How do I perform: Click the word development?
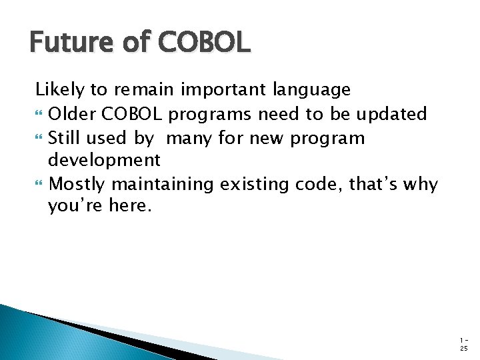coord(104,161)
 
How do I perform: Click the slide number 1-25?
coord(464,342)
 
